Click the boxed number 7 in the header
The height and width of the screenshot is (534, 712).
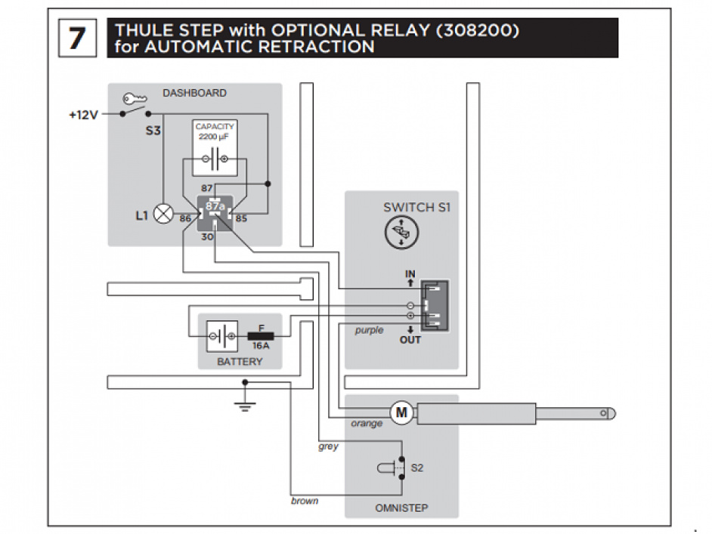77,37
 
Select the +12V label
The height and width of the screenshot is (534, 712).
83,115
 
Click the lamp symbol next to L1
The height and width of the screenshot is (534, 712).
163,215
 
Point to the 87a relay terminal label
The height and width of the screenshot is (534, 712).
215,205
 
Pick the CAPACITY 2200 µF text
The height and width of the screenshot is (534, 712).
215,131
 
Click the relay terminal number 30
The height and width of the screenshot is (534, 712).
208,236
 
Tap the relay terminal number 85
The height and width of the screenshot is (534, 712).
241,219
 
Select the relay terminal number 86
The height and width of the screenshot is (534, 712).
185,219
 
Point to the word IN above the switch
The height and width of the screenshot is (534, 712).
410,273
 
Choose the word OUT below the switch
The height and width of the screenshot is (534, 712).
410,340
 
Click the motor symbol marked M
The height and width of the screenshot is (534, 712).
401,412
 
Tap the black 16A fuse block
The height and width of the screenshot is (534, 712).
262,335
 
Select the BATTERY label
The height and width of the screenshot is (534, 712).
240,362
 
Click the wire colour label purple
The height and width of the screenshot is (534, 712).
370,330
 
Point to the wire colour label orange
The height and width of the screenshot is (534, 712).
367,424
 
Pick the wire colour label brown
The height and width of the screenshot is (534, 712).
305,501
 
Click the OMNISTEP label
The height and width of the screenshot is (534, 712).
401,508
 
